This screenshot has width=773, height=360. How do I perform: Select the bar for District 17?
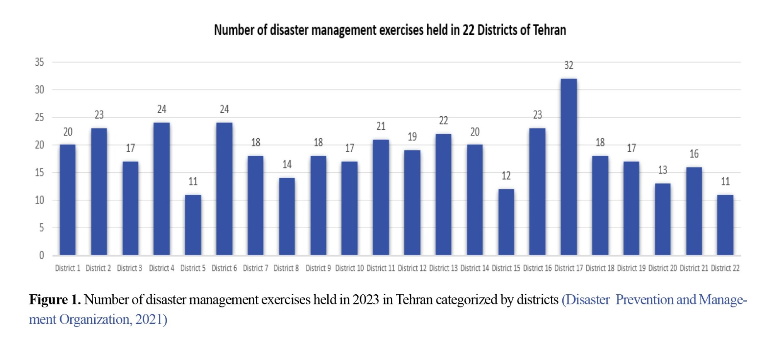569,167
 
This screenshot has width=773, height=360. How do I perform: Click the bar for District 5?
193,225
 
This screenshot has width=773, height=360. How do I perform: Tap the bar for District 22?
725,225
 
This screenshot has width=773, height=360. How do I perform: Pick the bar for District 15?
506,222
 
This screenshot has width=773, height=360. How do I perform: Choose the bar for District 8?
287,216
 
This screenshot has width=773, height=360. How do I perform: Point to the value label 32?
569,65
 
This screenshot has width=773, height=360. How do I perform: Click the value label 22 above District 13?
443,121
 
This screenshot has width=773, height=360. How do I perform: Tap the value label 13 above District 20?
662,170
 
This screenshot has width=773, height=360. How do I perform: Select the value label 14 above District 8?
287,165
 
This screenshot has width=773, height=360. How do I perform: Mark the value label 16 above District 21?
694,154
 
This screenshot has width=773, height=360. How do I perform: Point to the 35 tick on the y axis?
39,62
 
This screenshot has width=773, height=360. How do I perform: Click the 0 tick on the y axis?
41,255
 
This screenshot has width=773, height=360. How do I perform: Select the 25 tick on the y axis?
39,117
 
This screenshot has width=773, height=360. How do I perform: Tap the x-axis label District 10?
349,268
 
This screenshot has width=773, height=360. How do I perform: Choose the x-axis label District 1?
68,268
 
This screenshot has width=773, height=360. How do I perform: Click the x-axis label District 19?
631,268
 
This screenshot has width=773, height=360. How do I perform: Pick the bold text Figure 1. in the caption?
55,300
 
